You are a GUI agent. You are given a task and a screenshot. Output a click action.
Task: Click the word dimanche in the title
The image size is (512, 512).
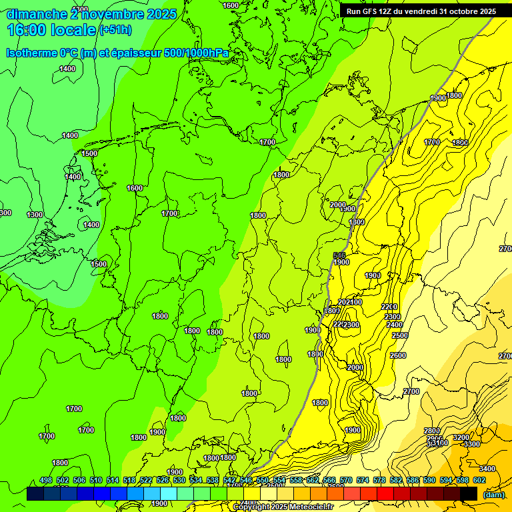(37, 14)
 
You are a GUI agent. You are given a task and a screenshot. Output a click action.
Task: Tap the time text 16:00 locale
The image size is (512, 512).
(51, 30)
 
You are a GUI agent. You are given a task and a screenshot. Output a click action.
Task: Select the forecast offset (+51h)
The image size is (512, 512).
(115, 30)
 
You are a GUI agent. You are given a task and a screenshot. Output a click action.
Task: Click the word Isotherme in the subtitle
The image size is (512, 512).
(30, 52)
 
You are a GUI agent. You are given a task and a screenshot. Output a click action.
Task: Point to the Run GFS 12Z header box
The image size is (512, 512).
(421, 11)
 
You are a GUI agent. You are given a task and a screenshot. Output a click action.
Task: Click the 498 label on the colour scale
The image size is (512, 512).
(46, 480)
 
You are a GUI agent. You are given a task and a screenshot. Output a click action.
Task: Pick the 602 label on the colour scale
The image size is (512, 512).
(479, 480)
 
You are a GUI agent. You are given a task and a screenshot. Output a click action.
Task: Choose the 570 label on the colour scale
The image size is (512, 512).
(345, 480)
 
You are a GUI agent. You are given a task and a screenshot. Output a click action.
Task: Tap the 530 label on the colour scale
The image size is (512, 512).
(179, 480)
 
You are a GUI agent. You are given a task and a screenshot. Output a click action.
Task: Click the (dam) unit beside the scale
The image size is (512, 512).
(493, 494)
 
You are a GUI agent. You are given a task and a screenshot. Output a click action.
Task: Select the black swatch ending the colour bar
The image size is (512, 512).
(469, 493)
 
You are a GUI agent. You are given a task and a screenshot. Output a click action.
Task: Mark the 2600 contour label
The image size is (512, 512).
(398, 355)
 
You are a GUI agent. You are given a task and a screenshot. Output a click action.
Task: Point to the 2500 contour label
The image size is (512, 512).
(399, 335)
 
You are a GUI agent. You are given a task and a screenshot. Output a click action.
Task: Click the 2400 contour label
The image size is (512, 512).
(394, 325)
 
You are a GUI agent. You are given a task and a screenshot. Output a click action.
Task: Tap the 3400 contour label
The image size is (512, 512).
(487, 469)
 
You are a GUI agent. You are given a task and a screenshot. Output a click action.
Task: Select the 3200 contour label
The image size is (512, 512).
(461, 437)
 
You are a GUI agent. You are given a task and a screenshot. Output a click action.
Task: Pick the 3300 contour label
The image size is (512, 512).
(471, 444)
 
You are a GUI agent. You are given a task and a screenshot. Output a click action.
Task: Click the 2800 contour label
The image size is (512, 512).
(431, 431)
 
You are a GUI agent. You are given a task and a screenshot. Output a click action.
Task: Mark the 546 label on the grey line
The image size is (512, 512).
(339, 255)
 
